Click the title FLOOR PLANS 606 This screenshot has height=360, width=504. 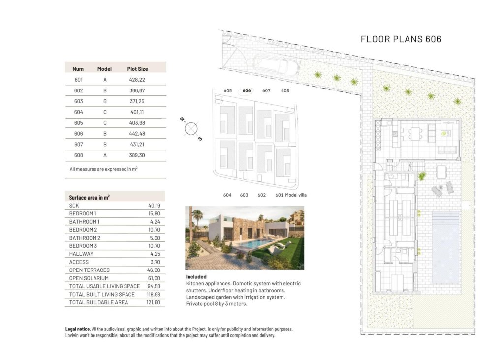[401, 39]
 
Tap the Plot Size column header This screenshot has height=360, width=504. [137, 69]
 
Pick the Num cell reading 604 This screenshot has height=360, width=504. [79, 112]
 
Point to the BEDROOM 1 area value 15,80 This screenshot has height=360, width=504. [154, 213]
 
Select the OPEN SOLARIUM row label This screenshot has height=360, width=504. [89, 278]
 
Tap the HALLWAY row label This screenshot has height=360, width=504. [81, 254]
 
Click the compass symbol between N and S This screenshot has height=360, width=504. [190, 129]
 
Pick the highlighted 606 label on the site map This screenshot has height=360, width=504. [247, 91]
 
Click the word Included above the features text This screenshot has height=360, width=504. [196, 277]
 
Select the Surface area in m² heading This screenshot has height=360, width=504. [90, 197]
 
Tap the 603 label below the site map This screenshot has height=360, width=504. [244, 195]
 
